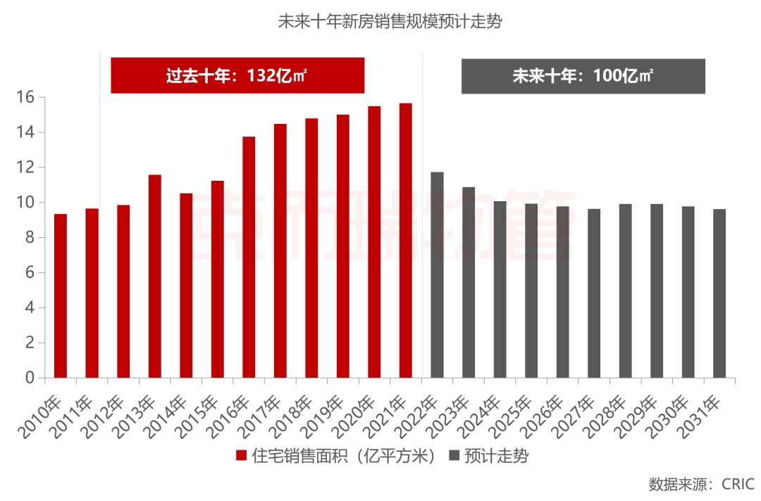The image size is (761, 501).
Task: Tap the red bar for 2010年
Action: (x=61, y=296)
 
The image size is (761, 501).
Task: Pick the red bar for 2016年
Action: (x=249, y=257)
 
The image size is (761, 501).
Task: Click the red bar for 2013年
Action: (x=155, y=276)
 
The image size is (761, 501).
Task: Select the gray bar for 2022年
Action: (x=437, y=274)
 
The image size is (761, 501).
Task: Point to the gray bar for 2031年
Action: (x=719, y=293)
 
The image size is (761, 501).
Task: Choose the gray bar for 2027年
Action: (x=594, y=293)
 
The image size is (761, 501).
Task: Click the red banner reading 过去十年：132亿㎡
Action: (x=237, y=76)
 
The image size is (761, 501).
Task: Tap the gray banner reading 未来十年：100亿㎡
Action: (x=583, y=76)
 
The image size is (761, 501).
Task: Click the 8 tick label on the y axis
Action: (x=30, y=238)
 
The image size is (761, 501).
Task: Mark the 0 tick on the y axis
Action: (x=30, y=378)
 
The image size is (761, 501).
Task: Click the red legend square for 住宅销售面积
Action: (x=242, y=456)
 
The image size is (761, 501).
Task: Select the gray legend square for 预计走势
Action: (x=454, y=456)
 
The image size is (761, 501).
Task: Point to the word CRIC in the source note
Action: (x=737, y=485)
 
